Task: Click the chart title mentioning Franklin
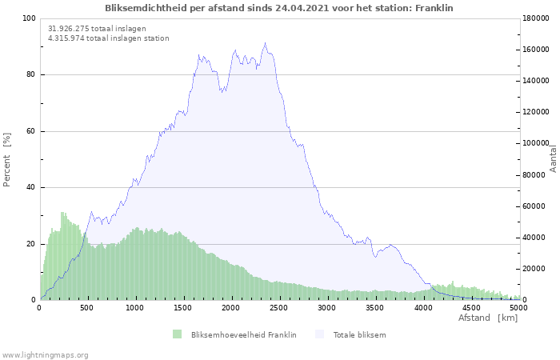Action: (x=279, y=8)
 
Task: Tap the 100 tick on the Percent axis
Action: (x=29, y=18)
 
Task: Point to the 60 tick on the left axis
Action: (x=31, y=131)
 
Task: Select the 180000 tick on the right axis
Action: (x=536, y=18)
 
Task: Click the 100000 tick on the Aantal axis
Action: (x=536, y=144)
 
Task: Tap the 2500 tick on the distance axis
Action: (x=279, y=308)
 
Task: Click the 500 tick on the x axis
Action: (x=88, y=308)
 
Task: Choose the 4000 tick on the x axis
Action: (x=423, y=308)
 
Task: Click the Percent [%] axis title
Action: (x=7, y=160)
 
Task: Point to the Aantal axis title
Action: (x=553, y=158)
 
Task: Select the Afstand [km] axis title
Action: (x=488, y=318)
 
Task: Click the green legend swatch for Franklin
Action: (x=177, y=334)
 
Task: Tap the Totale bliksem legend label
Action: (x=359, y=334)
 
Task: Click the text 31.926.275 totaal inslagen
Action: (x=97, y=29)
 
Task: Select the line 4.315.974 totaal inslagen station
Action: (x=108, y=38)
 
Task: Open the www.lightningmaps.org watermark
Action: (x=45, y=355)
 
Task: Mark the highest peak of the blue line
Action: (x=266, y=43)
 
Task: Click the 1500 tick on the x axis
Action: (x=183, y=308)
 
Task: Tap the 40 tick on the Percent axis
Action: (x=31, y=188)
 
